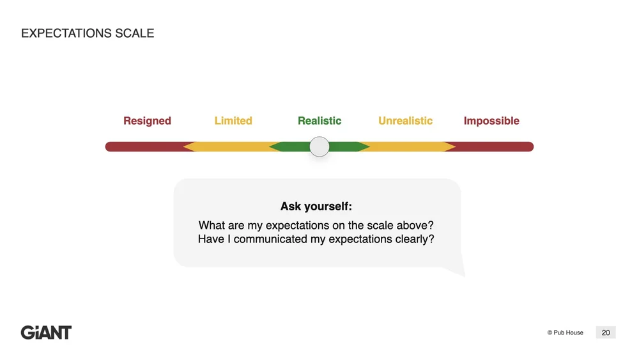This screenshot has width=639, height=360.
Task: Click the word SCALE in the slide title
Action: point(134,33)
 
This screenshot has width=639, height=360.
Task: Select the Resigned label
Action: point(147,121)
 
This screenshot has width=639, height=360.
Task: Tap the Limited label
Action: point(233,121)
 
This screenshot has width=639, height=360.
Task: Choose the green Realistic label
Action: point(319,121)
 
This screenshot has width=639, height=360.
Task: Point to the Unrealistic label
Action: point(405,121)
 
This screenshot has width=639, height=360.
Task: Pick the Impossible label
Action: point(491,121)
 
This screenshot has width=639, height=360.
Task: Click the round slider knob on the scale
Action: point(319,147)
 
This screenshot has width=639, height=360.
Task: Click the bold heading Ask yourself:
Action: point(316,207)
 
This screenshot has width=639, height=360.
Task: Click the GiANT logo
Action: point(46,333)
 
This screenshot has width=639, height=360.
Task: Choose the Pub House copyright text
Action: point(566,333)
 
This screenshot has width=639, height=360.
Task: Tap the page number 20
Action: point(606,333)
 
